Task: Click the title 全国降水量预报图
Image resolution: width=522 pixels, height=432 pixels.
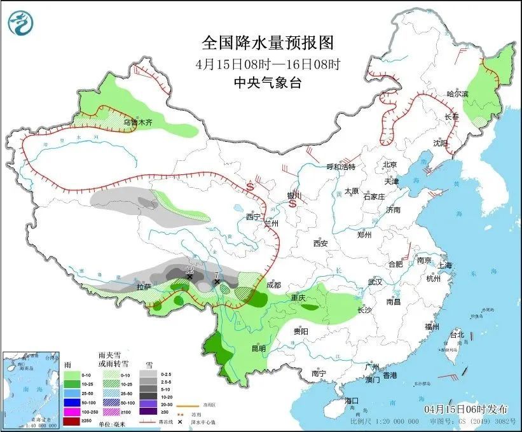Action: point(267,43)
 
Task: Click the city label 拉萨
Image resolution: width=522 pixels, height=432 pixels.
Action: point(145,288)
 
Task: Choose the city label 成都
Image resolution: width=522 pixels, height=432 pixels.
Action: point(274,285)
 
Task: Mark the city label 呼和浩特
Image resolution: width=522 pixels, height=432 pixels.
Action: point(341,167)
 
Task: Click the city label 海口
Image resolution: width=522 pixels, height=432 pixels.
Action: point(352,401)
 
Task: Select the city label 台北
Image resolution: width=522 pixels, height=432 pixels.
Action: point(457,335)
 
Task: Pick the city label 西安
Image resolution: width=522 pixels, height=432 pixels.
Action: point(320,244)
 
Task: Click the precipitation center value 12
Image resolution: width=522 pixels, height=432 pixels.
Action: point(189,270)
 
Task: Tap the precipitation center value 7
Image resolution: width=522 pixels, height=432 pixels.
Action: point(217,275)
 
